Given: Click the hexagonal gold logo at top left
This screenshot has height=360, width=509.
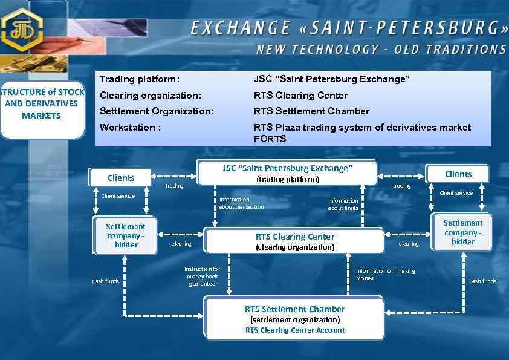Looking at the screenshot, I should click(x=22, y=29).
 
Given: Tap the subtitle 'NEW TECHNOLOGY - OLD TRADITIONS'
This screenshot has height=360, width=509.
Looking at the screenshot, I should click(x=381, y=50).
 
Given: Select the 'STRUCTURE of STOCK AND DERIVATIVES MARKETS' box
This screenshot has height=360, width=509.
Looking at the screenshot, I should click(x=42, y=104).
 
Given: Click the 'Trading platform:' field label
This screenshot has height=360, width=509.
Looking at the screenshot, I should click(x=140, y=79).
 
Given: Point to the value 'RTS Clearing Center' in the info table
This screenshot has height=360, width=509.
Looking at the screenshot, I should click(x=300, y=95).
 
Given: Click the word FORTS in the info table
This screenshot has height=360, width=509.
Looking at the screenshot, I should click(x=270, y=139).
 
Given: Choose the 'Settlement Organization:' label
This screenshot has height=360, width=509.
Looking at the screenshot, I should click(x=157, y=111).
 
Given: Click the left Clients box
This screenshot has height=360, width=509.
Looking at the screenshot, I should click(x=121, y=177).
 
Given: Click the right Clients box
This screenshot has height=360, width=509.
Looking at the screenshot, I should click(x=458, y=174).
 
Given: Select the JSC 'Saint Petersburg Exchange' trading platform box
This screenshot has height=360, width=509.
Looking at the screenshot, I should click(x=287, y=173).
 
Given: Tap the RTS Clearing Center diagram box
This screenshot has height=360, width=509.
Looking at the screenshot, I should click(x=294, y=241).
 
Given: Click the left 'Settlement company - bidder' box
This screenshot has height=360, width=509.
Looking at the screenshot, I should click(x=126, y=235).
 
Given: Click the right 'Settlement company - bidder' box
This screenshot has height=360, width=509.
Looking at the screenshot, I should click(x=462, y=232).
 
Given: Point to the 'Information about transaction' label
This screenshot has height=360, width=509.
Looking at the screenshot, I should click(x=241, y=203).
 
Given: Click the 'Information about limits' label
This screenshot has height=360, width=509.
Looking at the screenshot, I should click(x=343, y=204).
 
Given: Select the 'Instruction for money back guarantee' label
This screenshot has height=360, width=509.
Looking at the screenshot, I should click(x=202, y=276).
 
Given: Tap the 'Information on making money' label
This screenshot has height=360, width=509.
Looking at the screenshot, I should click(x=385, y=275).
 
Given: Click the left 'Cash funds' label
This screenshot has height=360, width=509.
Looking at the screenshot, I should click(x=105, y=281).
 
